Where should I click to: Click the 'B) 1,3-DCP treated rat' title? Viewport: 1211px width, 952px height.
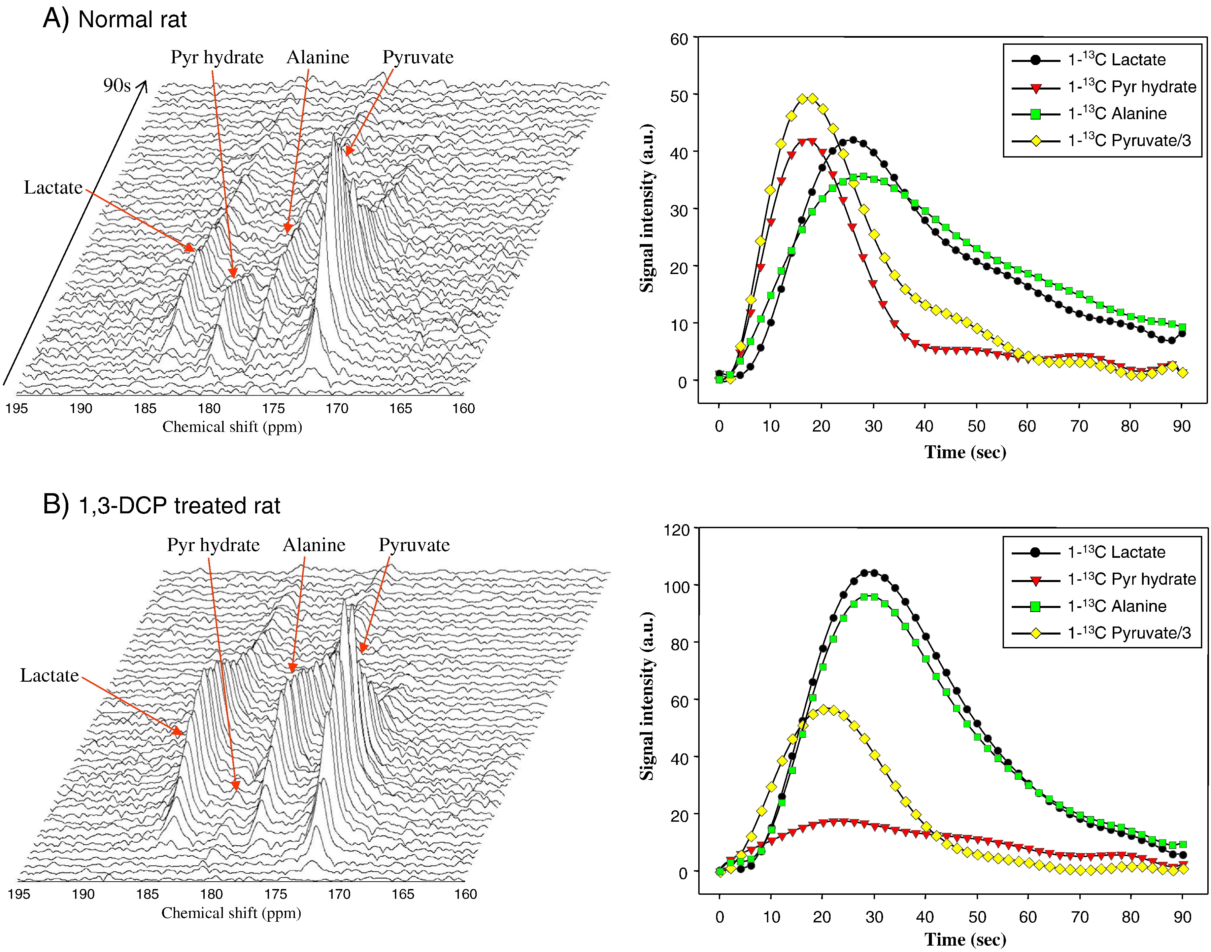point(162,506)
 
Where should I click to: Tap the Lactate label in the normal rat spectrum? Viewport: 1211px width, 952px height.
point(53,188)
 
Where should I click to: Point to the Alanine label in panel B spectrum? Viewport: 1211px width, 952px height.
point(314,545)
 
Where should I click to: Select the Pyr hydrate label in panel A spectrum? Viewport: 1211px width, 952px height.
point(217,58)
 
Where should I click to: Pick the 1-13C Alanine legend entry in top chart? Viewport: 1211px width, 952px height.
point(1116,114)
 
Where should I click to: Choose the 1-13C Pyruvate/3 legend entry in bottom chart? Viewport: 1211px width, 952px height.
point(1129,633)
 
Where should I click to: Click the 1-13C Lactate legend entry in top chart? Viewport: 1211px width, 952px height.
point(1116,60)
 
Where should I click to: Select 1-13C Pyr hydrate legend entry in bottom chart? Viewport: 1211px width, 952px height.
point(1131,579)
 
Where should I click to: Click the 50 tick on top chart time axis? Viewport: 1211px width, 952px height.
point(976,427)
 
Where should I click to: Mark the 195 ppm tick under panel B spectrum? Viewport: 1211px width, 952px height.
point(19,894)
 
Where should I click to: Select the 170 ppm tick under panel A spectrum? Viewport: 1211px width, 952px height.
point(337,409)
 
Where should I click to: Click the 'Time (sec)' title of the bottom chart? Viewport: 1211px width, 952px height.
point(965,940)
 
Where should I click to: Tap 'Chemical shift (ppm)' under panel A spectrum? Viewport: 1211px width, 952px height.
point(232,427)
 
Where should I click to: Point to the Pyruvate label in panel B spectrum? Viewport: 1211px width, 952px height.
point(414,545)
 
